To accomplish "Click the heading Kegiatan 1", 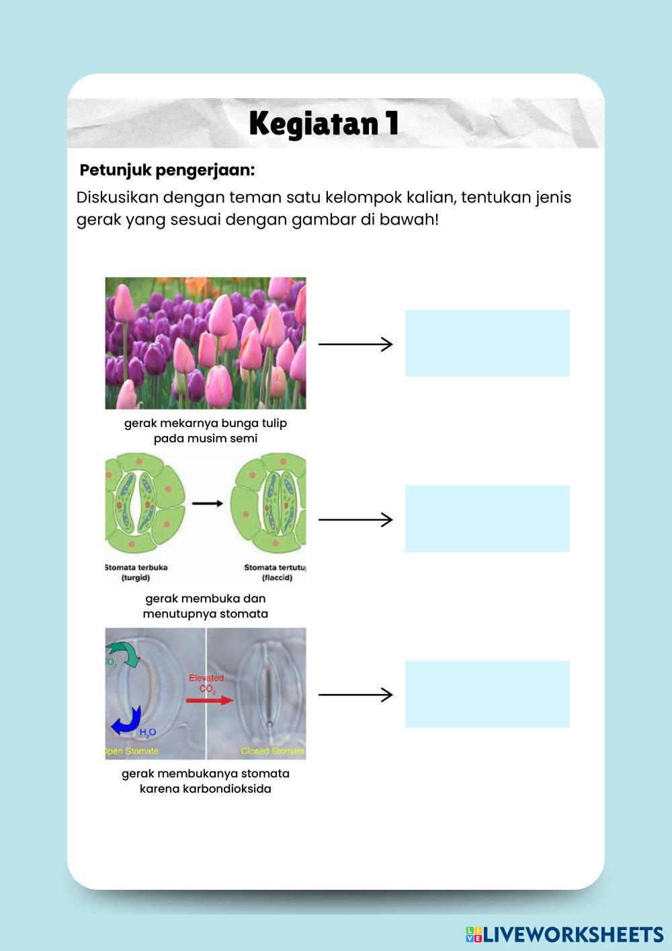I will pos(324,124).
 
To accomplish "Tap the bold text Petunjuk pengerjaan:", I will pos(167,170).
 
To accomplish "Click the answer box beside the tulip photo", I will pos(487,343).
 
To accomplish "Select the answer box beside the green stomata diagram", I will pos(487,519).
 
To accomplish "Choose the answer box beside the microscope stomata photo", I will pos(487,694).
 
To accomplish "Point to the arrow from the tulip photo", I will pos(355,344).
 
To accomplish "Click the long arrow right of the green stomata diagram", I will pos(355,519).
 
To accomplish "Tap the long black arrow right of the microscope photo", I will pos(355,695).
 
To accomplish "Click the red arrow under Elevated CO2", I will pos(210,700).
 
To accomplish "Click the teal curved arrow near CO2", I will pos(125,652).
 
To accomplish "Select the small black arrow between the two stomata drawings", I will pos(207,503).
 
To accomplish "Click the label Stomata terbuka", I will pos(137,567).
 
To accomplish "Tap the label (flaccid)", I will pos(277,578).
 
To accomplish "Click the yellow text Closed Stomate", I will pos(272,751).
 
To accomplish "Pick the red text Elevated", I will pos(206,678).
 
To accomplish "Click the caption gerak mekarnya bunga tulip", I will pos(206,423).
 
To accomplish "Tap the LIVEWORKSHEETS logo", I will pos(564,934).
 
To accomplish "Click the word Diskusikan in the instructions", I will pos(117,198).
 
